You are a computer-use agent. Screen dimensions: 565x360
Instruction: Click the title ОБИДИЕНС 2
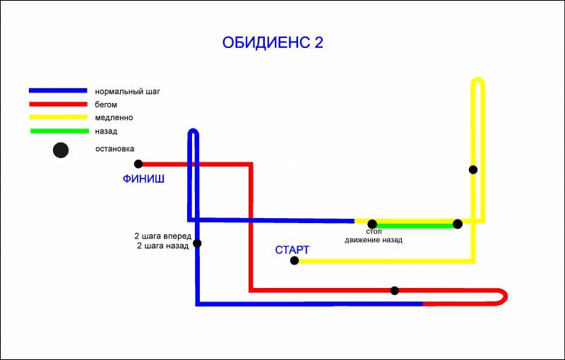(273, 42)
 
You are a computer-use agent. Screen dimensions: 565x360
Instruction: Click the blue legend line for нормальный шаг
(58, 91)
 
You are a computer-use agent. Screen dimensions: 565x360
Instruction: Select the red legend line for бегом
(58, 104)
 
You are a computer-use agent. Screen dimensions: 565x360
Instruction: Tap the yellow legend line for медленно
(58, 117)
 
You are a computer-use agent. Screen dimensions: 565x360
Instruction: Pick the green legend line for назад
(59, 131)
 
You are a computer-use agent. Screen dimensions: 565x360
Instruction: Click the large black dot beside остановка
(61, 150)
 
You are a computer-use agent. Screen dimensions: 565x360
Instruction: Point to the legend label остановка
(114, 149)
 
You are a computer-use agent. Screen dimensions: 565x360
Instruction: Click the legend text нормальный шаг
(127, 92)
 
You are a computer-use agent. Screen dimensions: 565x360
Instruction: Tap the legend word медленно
(114, 118)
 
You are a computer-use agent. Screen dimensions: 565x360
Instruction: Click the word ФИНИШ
(143, 179)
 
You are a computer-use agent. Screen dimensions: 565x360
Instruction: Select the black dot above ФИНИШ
(138, 164)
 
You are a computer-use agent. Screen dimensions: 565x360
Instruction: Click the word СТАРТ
(292, 250)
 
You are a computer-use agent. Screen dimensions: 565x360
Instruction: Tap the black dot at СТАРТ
(295, 260)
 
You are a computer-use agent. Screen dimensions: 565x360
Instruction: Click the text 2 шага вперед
(162, 236)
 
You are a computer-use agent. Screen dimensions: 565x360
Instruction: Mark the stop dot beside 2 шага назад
(197, 244)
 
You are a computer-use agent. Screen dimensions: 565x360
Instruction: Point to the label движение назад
(374, 240)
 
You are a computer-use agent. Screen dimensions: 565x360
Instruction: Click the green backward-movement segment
(415, 226)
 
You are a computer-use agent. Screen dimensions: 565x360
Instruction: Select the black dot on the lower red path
(395, 291)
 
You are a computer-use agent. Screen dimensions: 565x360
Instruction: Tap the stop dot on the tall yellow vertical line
(473, 169)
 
